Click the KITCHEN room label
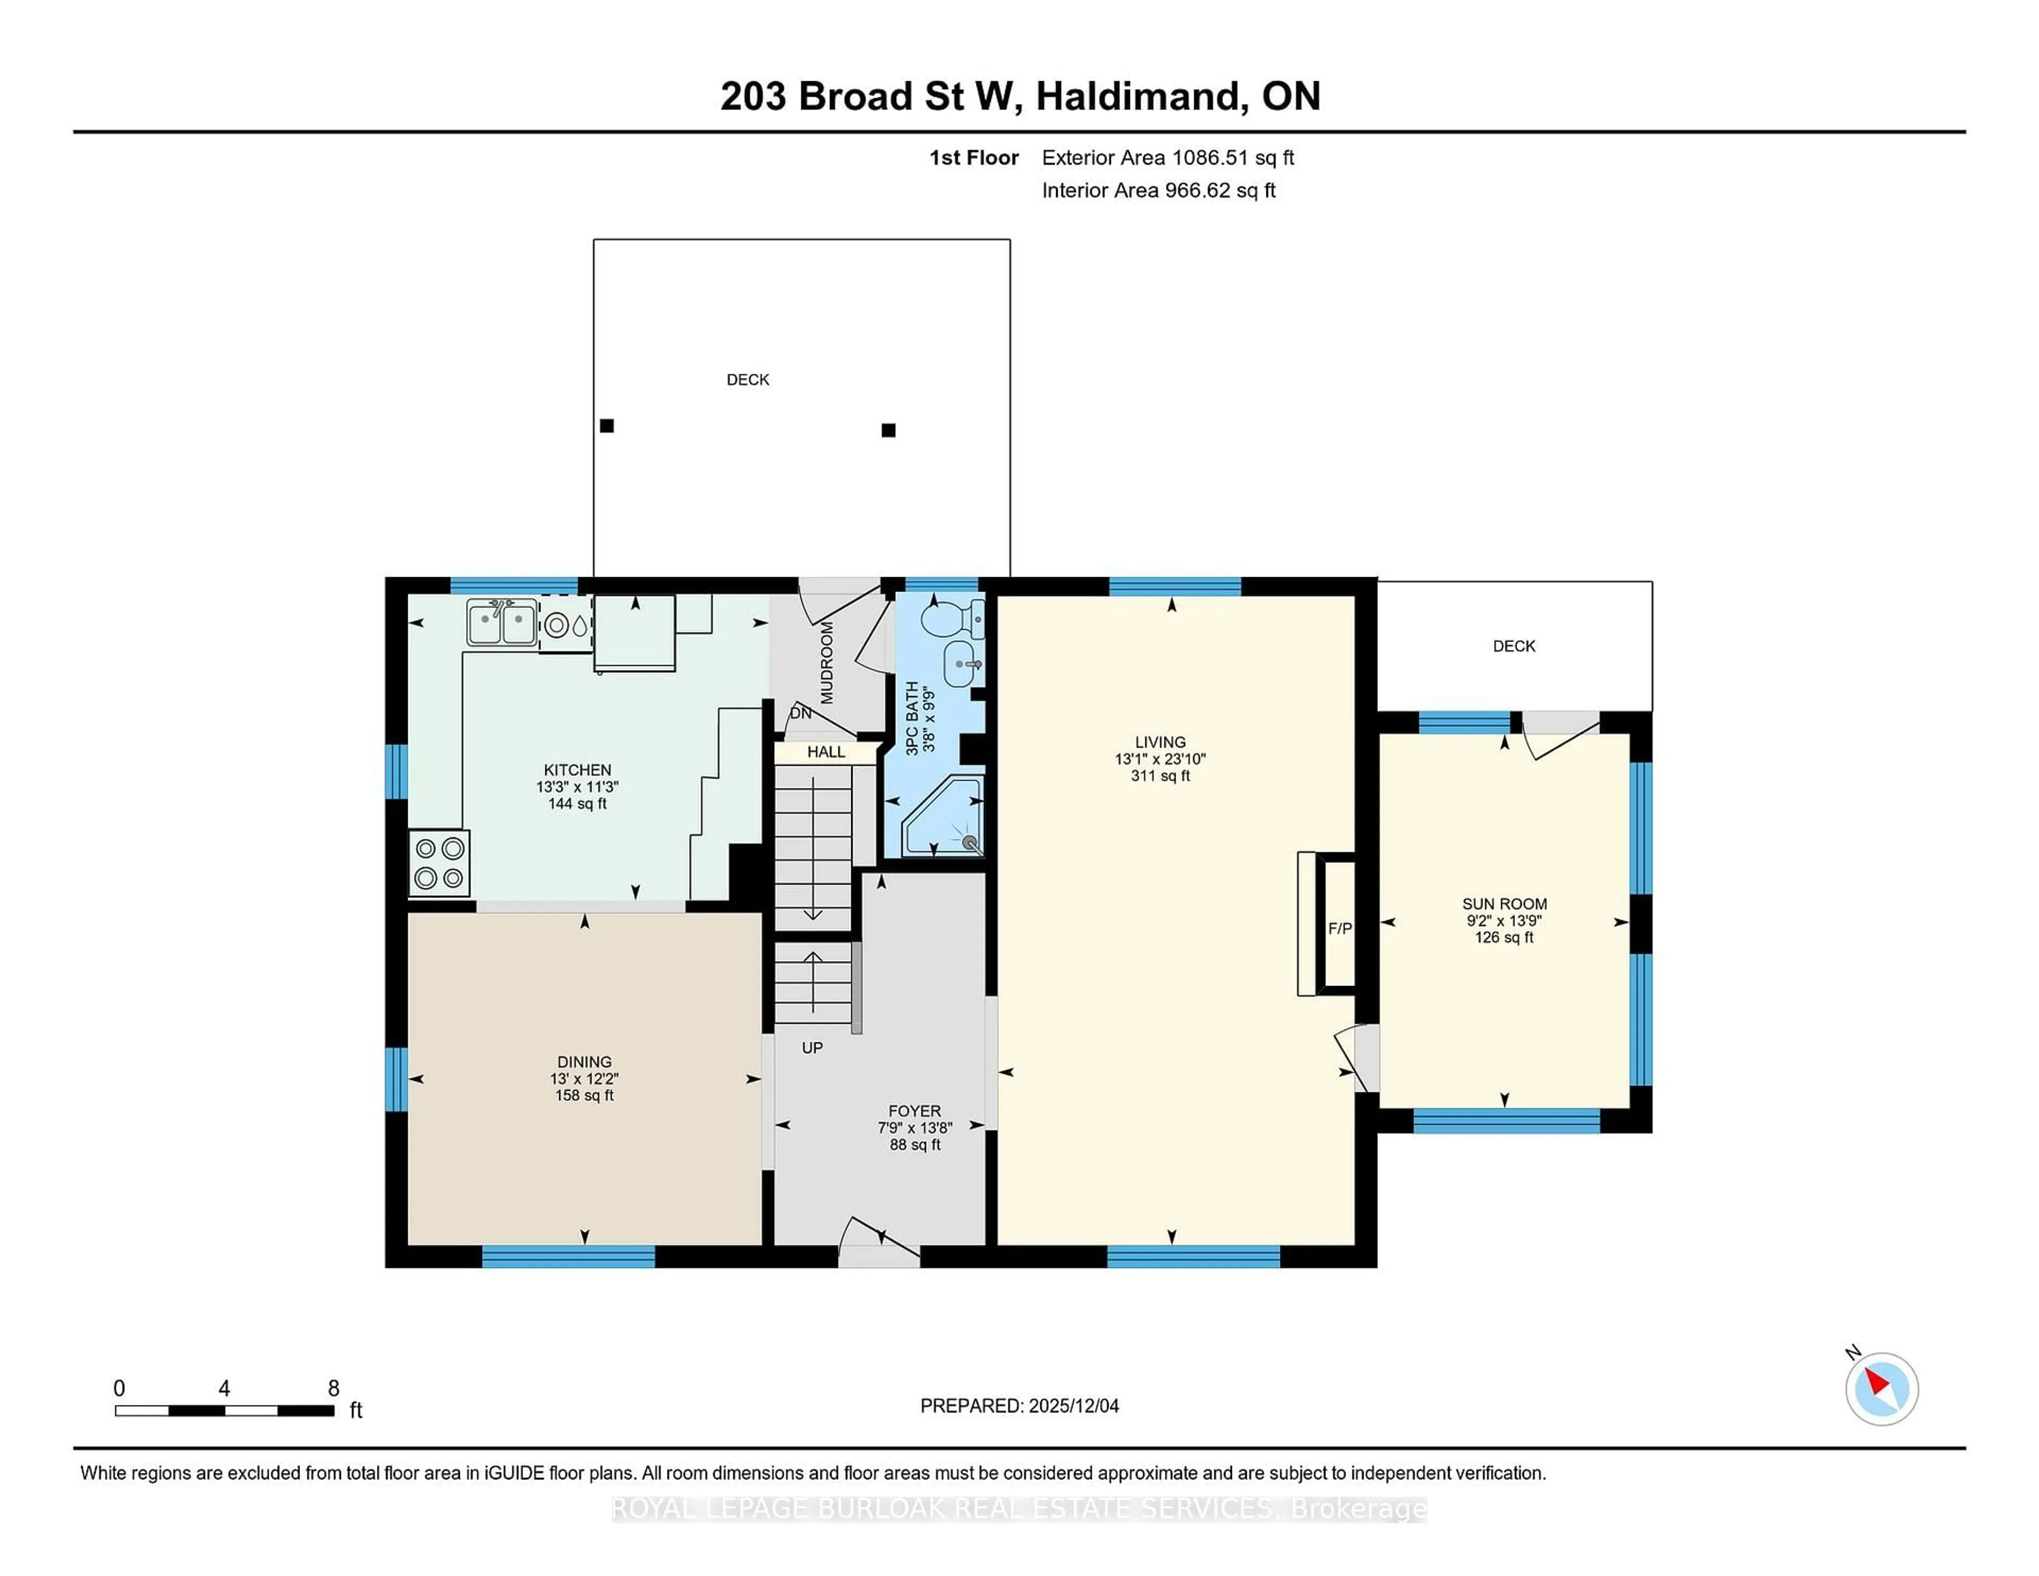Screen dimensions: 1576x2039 pyautogui.click(x=577, y=769)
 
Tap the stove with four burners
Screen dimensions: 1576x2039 pyautogui.click(x=439, y=863)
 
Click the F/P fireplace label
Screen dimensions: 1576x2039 pyautogui.click(x=1340, y=928)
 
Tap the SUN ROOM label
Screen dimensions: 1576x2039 pyautogui.click(x=1504, y=904)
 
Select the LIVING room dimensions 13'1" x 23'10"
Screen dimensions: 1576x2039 pyautogui.click(x=1160, y=759)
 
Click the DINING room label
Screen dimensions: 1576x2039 pyautogui.click(x=585, y=1061)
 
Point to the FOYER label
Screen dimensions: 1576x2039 pyautogui.click(x=914, y=1111)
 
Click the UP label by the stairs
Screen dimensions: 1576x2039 pyautogui.click(x=812, y=1048)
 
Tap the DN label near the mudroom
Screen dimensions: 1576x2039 pyautogui.click(x=800, y=713)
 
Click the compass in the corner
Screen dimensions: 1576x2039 pyautogui.click(x=1881, y=1389)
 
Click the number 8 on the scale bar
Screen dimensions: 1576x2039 pyautogui.click(x=333, y=1389)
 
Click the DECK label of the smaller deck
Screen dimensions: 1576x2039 pyautogui.click(x=1513, y=646)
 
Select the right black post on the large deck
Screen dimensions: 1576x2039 pyautogui.click(x=889, y=431)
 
